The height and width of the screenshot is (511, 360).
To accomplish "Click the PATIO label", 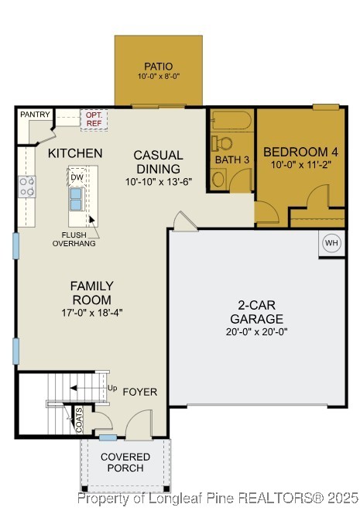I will coord(158,66).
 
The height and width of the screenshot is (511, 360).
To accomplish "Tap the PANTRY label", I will coord(35,115).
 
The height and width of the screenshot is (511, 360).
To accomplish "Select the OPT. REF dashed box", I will coord(94,119).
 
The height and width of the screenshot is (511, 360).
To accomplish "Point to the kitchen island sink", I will coord(77,199).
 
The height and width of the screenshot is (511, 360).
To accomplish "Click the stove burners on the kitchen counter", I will coord(27,186).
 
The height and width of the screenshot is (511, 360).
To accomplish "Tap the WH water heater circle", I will coord(331,242).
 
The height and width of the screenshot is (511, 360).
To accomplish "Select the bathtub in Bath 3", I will coord(230,121).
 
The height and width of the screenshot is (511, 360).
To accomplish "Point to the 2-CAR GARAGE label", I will coord(255,312).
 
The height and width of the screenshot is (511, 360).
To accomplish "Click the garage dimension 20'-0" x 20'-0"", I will coord(255,331).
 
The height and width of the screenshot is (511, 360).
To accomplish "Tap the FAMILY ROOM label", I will coord(93,293).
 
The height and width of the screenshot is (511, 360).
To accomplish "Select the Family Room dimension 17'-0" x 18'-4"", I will coord(93,312).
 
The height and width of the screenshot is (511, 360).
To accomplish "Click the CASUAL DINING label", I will coord(158,162).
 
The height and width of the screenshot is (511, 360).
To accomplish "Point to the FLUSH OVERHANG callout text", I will coord(74,238).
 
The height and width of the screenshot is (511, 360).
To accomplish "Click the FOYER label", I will coord(139,392).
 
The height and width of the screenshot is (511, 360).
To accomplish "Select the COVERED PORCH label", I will coord(125,463).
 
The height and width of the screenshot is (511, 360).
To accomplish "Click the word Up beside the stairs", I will coord(112,387).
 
